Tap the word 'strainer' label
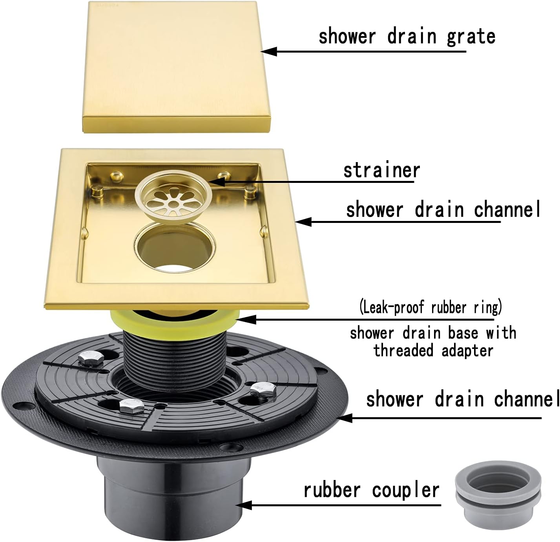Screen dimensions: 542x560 click(381, 171)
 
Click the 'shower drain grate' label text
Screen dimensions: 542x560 click(407, 36)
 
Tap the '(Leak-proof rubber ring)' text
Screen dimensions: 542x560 click(430, 307)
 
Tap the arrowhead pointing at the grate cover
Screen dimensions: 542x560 click(268, 51)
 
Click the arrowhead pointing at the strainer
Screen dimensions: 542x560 click(218, 182)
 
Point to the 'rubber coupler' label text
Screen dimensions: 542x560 click(371, 491)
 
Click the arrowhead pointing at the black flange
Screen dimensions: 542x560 click(343, 418)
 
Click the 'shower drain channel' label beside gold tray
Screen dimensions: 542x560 click(443, 210)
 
